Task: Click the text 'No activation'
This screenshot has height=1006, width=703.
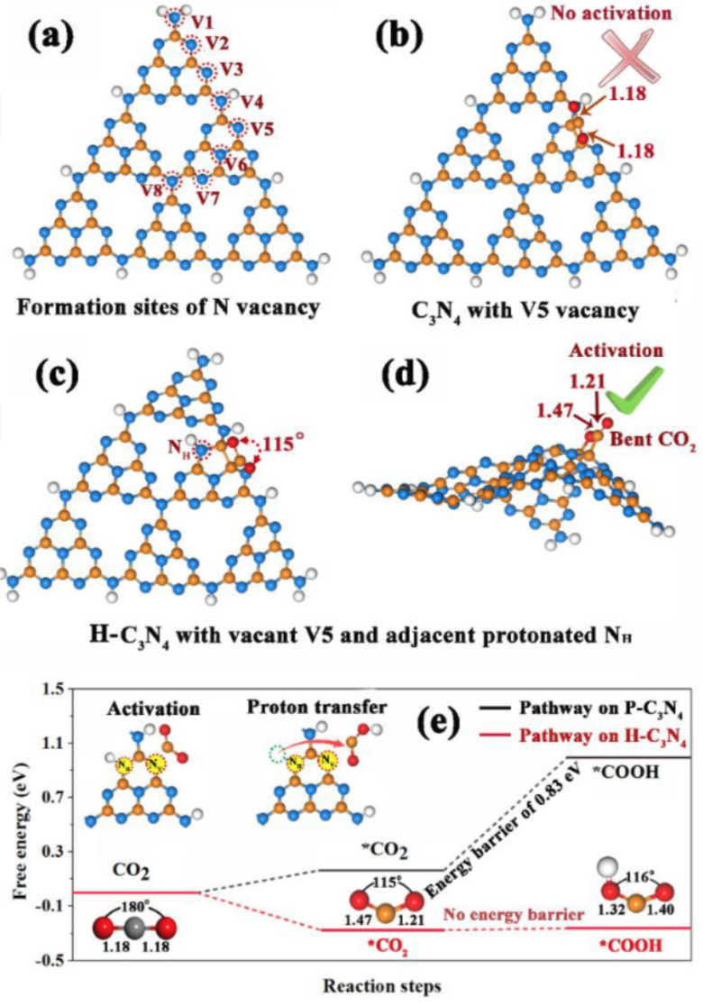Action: point(621,14)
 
